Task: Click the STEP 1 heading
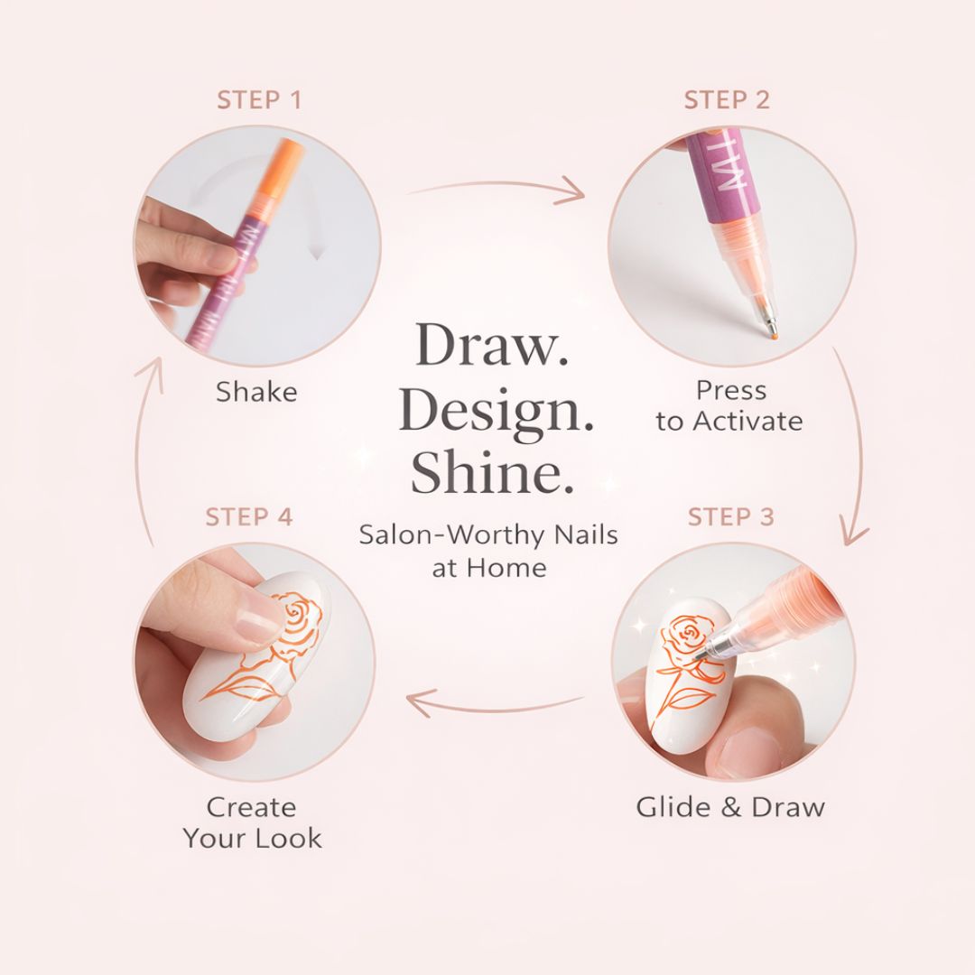[x=258, y=99]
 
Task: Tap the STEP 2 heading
[x=727, y=99]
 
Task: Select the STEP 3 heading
[x=730, y=516]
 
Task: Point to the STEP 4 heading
[x=249, y=516]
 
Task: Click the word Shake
[x=256, y=392]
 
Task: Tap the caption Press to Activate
[x=729, y=405]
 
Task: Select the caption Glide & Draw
[x=730, y=806]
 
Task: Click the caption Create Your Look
[x=252, y=822]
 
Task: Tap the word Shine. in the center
[x=492, y=474]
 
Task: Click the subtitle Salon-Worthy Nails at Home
[x=488, y=551]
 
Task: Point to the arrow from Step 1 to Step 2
[x=497, y=188]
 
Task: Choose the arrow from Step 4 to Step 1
[x=144, y=451]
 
